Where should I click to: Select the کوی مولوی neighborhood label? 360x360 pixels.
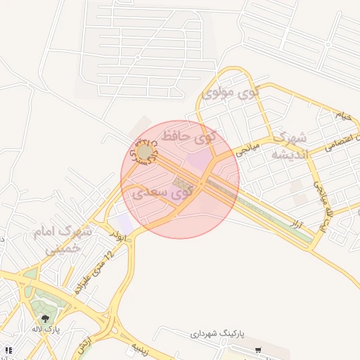pyautogui.click(x=231, y=92)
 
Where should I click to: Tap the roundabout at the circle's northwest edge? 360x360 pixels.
pyautogui.click(x=145, y=152)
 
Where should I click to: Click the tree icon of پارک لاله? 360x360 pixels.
pyautogui.click(x=46, y=319)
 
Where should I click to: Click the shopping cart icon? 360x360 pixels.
pyautogui.click(x=258, y=350)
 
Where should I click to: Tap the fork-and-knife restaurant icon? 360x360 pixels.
pyautogui.click(x=8, y=349)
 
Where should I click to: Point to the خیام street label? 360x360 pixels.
pyautogui.click(x=342, y=115)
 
